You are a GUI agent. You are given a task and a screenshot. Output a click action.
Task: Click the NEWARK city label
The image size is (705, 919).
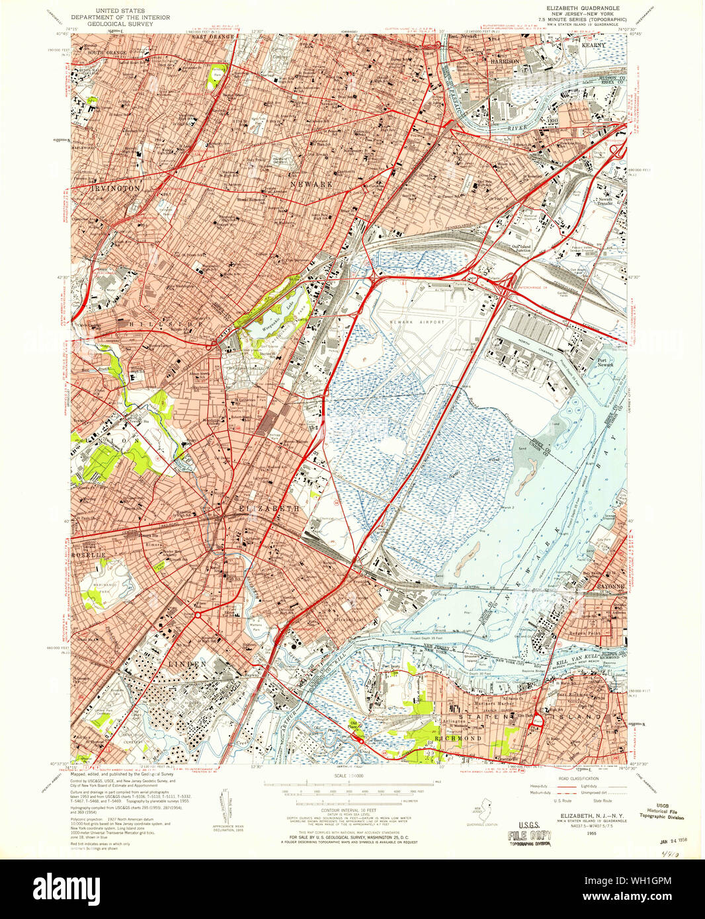[x=312, y=184]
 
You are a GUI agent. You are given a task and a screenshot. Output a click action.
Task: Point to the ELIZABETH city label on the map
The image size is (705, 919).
[x=269, y=508]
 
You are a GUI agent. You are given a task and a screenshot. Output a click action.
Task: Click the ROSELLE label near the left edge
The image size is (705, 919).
[x=89, y=555]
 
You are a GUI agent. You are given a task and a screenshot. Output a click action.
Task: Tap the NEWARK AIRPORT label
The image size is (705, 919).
[x=417, y=322]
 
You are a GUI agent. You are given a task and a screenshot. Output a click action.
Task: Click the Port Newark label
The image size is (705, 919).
[x=606, y=362]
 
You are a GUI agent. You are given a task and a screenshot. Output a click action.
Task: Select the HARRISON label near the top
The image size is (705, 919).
[x=504, y=61]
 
